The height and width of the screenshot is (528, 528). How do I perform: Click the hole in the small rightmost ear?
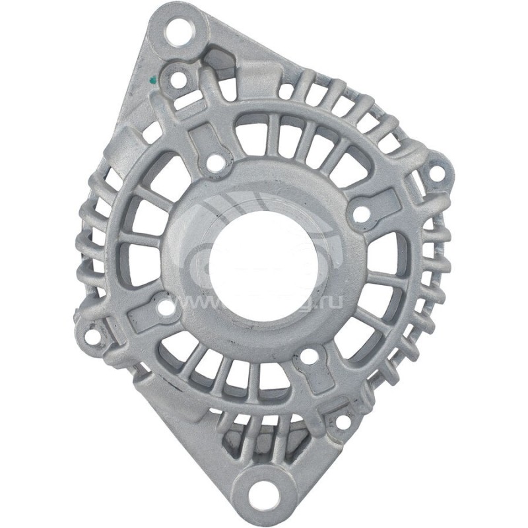click(x=436, y=174)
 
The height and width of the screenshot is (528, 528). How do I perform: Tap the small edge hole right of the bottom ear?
click(x=343, y=421)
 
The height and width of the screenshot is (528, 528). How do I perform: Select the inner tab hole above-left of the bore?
click(x=213, y=160)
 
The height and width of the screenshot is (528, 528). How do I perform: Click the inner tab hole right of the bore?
click(x=360, y=213)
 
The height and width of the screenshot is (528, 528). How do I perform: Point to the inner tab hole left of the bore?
click(x=166, y=308)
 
